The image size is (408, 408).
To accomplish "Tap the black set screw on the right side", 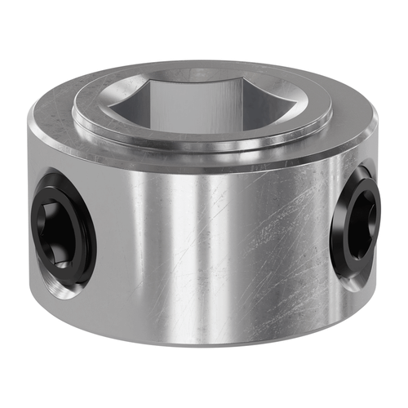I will point(357,220).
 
